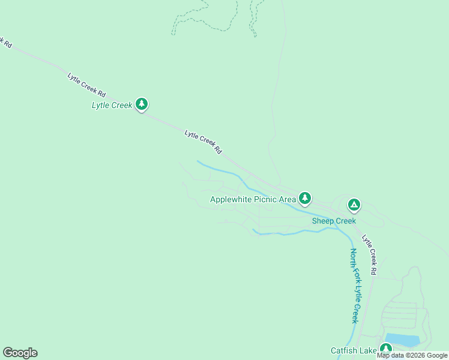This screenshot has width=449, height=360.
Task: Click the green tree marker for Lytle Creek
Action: (142, 104)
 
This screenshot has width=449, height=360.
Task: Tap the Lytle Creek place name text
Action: (112, 106)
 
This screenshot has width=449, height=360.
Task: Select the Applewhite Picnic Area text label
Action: (253, 199)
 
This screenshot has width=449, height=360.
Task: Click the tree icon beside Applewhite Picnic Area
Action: (306, 197)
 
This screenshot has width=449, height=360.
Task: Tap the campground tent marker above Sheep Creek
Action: (354, 205)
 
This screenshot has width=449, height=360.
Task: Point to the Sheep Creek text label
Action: (334, 221)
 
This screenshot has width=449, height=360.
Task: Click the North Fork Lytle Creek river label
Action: (355, 286)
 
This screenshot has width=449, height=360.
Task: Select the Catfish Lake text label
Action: (353, 350)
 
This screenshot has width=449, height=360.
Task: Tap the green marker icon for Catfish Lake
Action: (385, 349)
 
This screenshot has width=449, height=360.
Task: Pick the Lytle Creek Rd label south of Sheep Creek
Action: (369, 254)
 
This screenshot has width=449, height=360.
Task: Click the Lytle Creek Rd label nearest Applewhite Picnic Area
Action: (203, 142)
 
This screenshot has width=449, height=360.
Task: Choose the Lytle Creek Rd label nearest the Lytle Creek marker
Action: (86, 85)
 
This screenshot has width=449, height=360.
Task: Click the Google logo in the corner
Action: (20, 353)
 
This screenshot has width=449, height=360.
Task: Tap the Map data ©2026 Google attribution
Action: (412, 355)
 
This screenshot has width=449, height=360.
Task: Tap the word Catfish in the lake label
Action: (343, 350)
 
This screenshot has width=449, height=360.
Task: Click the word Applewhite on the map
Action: (231, 199)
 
